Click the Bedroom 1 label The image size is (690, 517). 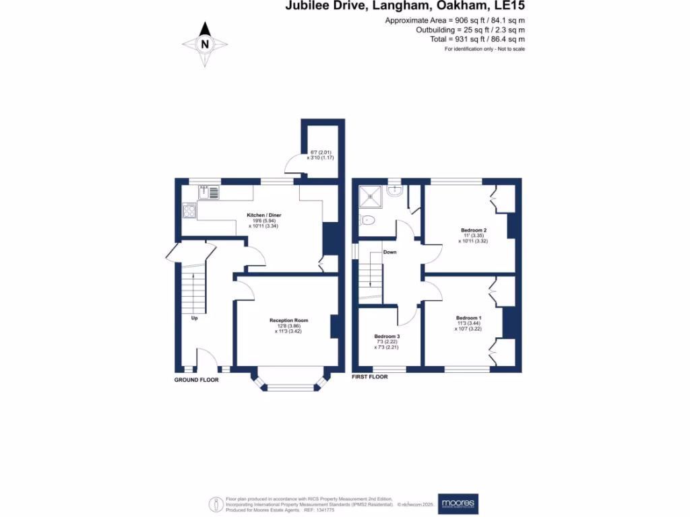tap(468, 318)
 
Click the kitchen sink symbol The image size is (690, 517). tap(209, 193)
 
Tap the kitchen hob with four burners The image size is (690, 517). tap(189, 211)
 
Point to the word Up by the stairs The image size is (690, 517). tap(194, 318)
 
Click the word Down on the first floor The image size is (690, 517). tap(389, 252)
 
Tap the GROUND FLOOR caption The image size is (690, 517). tap(196, 380)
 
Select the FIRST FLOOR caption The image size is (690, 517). tap(370, 377)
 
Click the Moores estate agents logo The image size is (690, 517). tap(458, 503)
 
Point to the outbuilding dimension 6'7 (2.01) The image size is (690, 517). tap(319, 152)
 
